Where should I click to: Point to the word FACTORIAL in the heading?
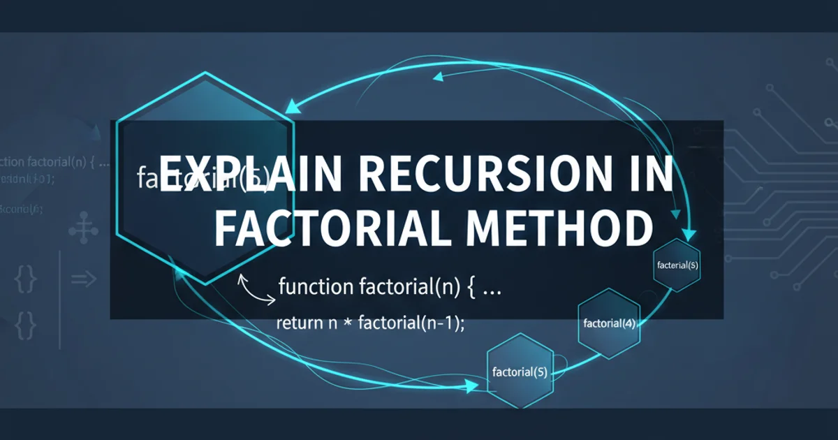(x=335, y=228)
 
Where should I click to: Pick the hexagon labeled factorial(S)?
(x=519, y=371)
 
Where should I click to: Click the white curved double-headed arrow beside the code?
(x=256, y=289)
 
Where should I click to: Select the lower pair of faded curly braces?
(x=25, y=325)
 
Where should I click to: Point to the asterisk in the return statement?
(x=347, y=323)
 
